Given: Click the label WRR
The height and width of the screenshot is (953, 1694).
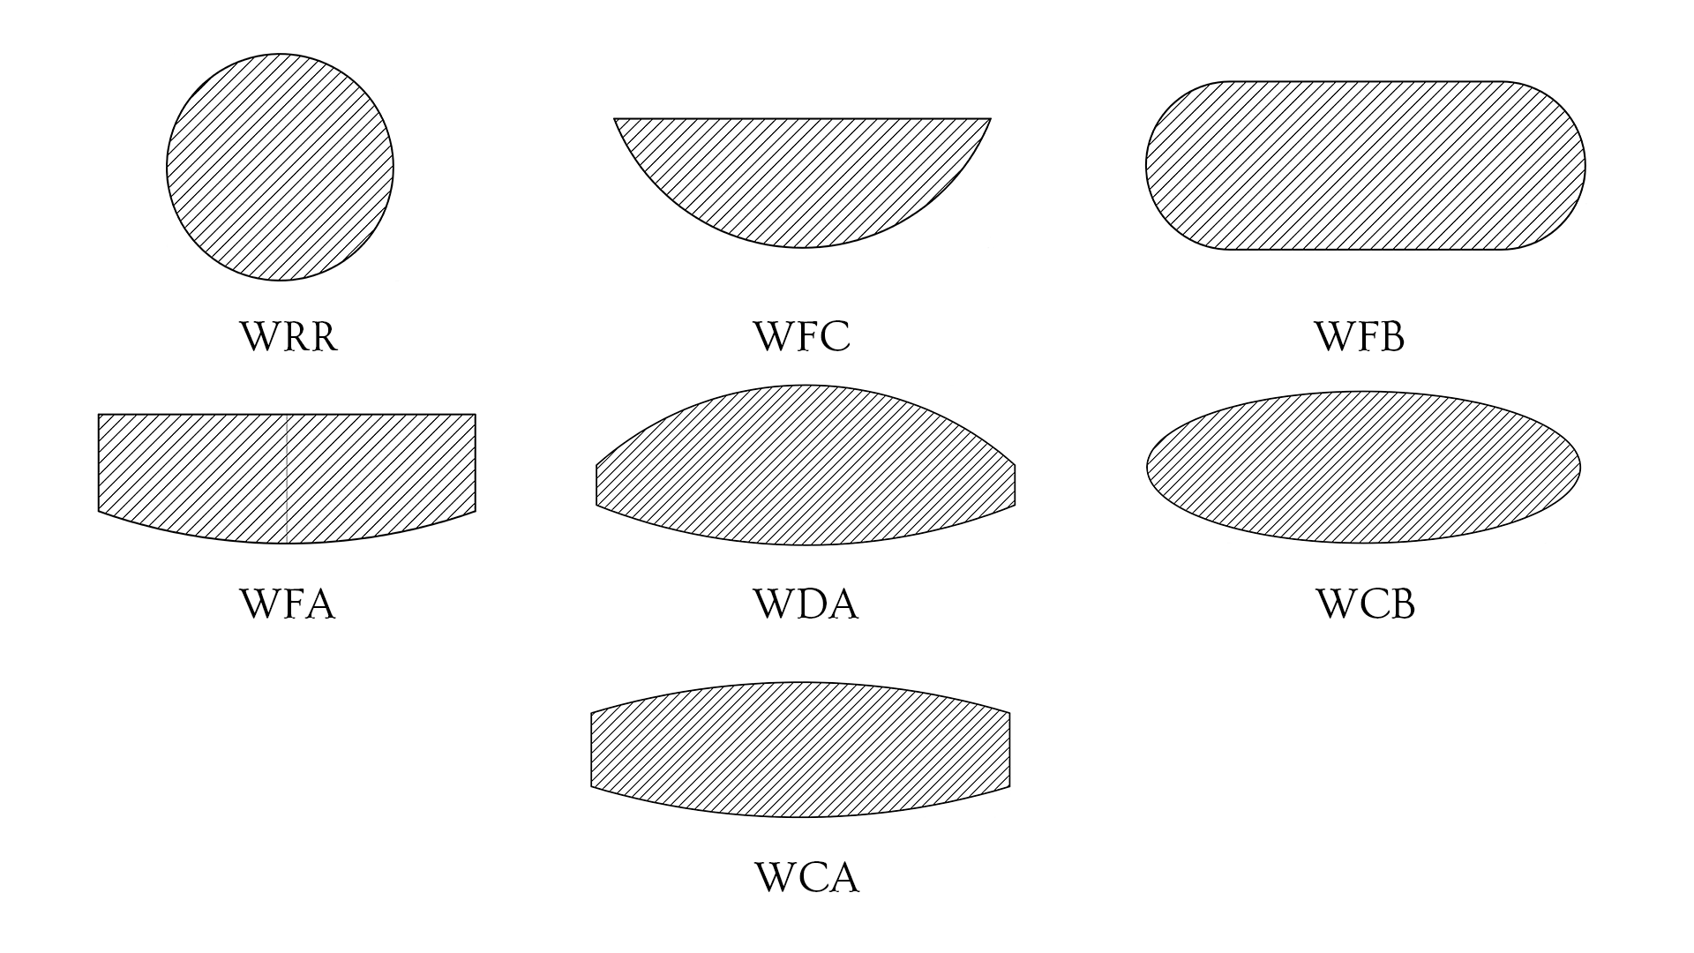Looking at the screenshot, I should click(x=289, y=337).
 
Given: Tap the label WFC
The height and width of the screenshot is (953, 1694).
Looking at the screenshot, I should click(x=801, y=337).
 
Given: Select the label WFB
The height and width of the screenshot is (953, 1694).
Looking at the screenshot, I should click(x=1360, y=337).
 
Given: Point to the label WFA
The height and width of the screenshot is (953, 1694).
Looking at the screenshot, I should click(x=288, y=605).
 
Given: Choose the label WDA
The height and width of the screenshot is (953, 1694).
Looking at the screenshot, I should click(x=805, y=605).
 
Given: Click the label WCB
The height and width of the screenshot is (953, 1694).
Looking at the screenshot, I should click(x=1365, y=605).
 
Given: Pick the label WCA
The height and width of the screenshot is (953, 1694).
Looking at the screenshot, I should click(x=806, y=878).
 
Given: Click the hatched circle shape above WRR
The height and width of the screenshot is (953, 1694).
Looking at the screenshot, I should click(x=280, y=167).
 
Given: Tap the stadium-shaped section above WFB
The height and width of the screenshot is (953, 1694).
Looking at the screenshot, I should click(x=1365, y=165).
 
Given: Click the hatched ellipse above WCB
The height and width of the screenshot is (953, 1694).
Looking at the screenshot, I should click(x=1363, y=467).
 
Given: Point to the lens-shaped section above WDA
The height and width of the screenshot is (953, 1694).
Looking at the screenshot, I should click(x=805, y=466).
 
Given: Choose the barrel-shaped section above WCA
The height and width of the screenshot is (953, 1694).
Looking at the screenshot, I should click(x=800, y=749).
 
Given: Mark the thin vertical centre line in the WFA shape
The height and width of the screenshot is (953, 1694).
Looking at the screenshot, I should click(x=288, y=476).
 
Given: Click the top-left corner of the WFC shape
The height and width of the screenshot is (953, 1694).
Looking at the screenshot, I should click(x=615, y=118).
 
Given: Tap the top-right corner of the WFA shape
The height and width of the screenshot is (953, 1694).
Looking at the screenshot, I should click(x=475, y=415).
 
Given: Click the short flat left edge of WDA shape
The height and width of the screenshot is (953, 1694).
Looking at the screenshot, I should click(x=597, y=485).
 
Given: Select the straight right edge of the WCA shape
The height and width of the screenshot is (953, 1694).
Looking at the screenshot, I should click(x=1009, y=749).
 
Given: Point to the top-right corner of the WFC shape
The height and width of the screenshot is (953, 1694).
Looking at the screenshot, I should click(x=990, y=118).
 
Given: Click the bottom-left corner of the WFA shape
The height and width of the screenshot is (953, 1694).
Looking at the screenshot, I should click(x=99, y=510).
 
